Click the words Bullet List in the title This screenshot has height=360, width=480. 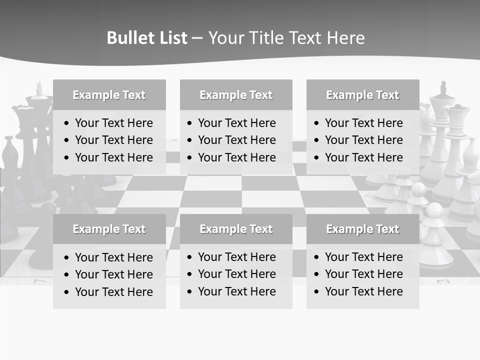147,38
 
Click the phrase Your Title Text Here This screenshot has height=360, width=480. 286,38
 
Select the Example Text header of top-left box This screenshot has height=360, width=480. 109,95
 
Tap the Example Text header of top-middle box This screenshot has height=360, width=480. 236,95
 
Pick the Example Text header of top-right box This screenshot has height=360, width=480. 362,95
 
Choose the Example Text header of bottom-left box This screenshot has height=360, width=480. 109,229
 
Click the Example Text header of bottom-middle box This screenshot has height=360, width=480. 236,229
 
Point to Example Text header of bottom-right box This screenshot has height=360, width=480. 362,229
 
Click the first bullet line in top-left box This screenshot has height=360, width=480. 113,123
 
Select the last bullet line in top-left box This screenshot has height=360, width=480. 113,157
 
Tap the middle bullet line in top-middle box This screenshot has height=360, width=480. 236,140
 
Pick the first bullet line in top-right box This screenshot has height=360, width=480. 363,123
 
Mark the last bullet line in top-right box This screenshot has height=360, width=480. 363,157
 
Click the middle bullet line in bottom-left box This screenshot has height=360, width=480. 113,274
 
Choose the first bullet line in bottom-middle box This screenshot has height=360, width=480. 236,257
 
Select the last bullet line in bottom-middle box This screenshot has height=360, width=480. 236,291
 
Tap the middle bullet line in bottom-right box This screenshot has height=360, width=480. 363,274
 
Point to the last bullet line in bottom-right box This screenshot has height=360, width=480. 363,291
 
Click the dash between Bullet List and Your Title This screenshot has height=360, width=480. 197,38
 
